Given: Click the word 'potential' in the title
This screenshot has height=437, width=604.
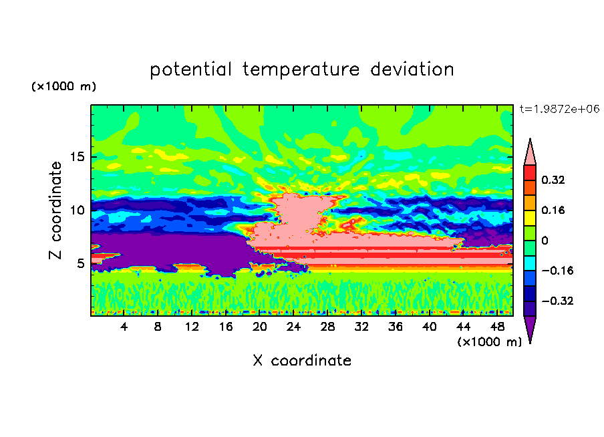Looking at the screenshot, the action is coord(190,70).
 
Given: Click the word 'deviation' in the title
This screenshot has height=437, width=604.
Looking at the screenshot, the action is coord(412,69).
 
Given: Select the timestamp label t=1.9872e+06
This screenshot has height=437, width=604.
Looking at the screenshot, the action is coord(559,109).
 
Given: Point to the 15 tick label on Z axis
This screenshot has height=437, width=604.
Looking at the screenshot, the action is coord(78,157).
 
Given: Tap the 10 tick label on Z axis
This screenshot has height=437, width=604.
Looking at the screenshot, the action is coord(78,210).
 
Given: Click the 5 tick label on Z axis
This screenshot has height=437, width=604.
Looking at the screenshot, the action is coord(80,263).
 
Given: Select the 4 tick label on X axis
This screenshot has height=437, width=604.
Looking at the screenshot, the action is coord(124,327).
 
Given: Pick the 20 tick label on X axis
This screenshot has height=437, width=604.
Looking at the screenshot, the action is coord(259,327).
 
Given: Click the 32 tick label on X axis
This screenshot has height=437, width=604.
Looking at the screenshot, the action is coord(361,327).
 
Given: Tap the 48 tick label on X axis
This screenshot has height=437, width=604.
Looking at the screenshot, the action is coord(497,327).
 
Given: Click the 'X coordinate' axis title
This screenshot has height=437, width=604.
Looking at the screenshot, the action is coord(302,360).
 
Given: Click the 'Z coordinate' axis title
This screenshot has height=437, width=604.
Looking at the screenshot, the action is coord(55,210).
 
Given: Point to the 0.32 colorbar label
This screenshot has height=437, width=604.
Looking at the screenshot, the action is coord(553,180).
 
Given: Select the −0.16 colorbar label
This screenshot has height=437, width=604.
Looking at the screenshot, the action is coord(557,271).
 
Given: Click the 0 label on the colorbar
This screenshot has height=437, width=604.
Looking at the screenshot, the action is coord(545,241).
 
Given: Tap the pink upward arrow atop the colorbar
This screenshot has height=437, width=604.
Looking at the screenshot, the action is coord(530,152).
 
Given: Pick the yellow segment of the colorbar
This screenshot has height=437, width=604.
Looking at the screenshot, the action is coord(530,218).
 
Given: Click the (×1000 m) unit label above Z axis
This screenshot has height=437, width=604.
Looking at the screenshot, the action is coord(63,86).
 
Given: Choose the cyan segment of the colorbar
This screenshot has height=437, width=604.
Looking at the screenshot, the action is coord(530,263).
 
